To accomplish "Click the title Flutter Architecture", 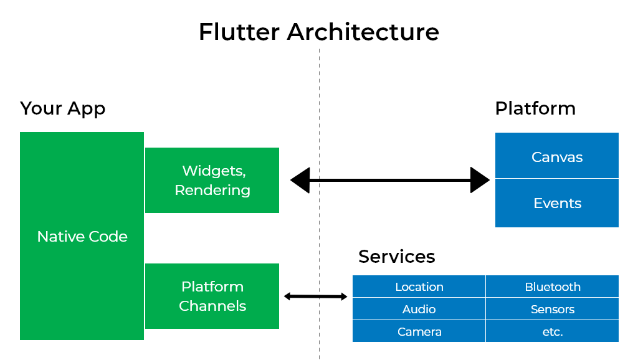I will (x=318, y=31).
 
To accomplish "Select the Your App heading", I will (x=62, y=108).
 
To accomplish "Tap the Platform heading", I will (x=535, y=108).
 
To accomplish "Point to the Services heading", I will (x=396, y=257).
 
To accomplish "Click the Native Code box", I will (x=82, y=236).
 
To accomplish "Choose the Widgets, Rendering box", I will (x=212, y=180).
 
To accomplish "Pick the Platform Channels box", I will (x=212, y=296).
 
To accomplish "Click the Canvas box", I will (x=556, y=156).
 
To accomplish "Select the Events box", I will (x=556, y=203).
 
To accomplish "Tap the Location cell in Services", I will (x=419, y=287).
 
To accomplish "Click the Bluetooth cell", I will (x=552, y=287).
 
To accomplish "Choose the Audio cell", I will (x=419, y=309).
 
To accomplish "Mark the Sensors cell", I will (x=552, y=309).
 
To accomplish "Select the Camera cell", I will (x=419, y=331).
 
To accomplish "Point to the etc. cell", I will (x=552, y=331).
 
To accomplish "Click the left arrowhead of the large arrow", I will (x=300, y=180).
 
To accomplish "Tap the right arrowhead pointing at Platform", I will (x=480, y=180).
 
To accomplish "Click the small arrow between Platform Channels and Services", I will (x=315, y=296).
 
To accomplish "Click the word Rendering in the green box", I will (x=212, y=190).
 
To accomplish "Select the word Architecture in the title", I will (x=363, y=31).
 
